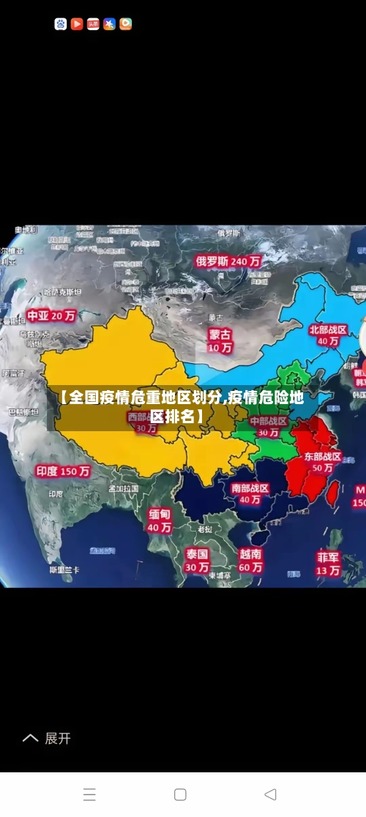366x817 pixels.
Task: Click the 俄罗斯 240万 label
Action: [x=228, y=261]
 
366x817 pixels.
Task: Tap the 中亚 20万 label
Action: [x=51, y=316]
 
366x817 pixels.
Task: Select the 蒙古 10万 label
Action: [x=220, y=340]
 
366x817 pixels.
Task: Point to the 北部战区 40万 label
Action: [x=327, y=335]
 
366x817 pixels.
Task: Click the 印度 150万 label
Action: [x=63, y=471]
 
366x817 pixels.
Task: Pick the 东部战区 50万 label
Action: [x=323, y=461]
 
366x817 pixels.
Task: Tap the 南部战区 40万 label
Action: [x=250, y=493]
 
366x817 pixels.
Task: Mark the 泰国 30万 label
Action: [x=196, y=560]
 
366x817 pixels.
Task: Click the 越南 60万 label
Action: [x=250, y=560]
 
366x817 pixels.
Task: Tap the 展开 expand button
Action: [x=47, y=739]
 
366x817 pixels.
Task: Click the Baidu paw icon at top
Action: [x=61, y=24]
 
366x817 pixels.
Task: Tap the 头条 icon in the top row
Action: [x=93, y=24]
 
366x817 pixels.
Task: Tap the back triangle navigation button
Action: [x=270, y=794]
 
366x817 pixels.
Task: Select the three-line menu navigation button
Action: [x=89, y=794]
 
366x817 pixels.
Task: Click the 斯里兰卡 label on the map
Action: [x=64, y=569]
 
